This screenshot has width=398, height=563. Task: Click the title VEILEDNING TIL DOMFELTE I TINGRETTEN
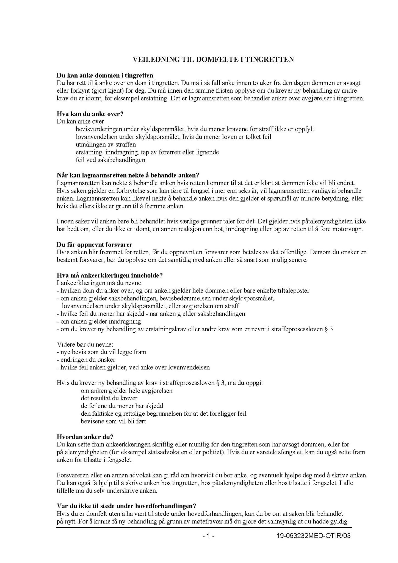[x=213, y=60]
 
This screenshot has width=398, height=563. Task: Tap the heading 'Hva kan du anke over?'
[x=90, y=114]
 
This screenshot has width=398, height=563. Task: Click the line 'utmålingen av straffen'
[x=106, y=144]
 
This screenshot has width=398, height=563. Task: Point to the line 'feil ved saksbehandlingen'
[x=110, y=160]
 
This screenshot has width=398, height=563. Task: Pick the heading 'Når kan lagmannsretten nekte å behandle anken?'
[x=128, y=175]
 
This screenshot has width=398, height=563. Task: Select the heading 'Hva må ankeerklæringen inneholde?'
[x=109, y=275]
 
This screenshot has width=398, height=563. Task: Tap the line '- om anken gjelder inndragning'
[x=99, y=321]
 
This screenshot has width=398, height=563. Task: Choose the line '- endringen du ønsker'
[x=86, y=360]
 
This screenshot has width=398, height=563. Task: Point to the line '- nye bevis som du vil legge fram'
[x=101, y=352]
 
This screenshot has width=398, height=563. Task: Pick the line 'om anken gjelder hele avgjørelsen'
[x=127, y=390]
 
